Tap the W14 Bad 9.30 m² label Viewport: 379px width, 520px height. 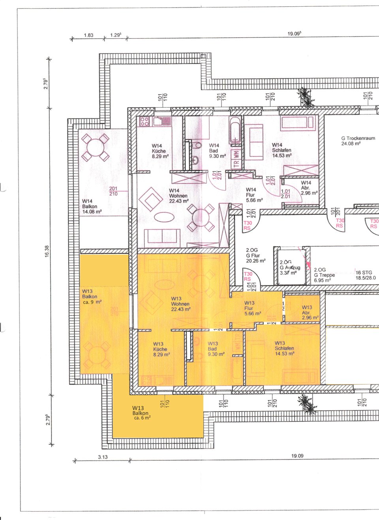[x=217, y=151]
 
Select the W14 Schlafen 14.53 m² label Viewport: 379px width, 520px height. [x=281, y=150]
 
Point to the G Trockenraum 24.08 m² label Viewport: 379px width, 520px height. [x=358, y=141]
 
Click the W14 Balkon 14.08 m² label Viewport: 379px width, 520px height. [x=92, y=207]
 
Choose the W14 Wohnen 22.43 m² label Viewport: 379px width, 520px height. [x=178, y=196]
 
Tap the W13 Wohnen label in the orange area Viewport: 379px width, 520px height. [x=180, y=304]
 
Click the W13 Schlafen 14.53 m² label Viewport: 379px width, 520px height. [x=284, y=349]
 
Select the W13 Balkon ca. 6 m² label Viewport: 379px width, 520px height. [x=141, y=413]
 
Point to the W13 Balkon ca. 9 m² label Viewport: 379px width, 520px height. [x=92, y=296]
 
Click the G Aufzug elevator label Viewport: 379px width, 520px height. [x=290, y=267]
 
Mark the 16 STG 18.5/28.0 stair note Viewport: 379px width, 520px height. [x=366, y=275]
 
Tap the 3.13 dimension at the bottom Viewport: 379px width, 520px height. [x=102, y=457]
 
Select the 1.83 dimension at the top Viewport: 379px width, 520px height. [x=88, y=35]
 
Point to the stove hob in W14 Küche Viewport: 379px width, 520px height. [x=144, y=121]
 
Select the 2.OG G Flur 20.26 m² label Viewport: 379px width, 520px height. [x=255, y=255]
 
